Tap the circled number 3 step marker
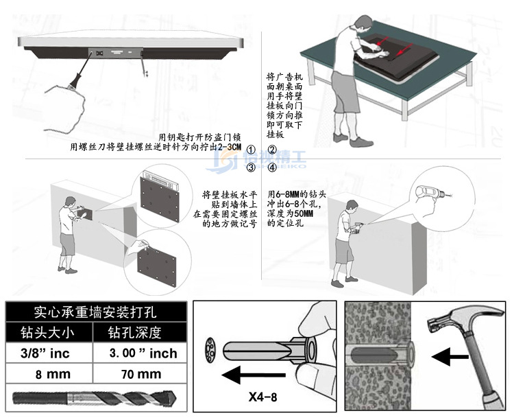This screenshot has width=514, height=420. pos(252,167)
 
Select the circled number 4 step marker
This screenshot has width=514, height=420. pos(271,167)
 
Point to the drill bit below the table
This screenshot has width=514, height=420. pos(95,399)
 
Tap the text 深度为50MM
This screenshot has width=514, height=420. pos(291,214)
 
